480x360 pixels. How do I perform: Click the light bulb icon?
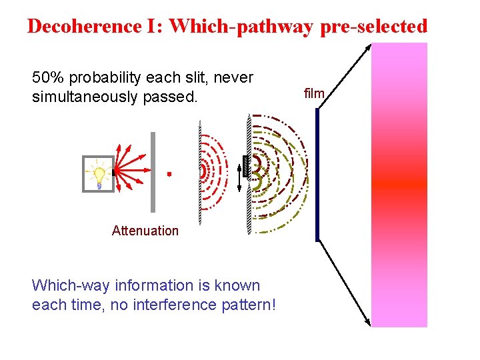pos(99,175)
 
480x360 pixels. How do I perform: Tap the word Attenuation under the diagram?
pos(145,231)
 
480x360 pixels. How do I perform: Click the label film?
pos(314,94)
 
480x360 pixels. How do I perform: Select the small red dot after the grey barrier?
pos(169,174)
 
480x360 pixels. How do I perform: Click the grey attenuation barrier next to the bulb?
pos(153,172)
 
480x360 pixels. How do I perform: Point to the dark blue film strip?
pos(318,175)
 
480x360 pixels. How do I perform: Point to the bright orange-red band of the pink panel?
pos(399,183)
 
